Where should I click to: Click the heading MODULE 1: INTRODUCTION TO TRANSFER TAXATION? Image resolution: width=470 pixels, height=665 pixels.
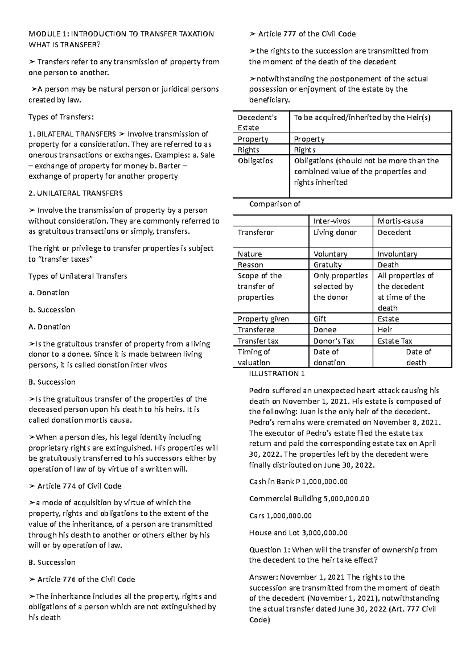pos(121,34)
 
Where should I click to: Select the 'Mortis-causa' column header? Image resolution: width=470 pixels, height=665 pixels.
pos(400,221)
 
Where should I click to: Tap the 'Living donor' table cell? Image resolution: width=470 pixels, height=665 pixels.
pos(335,233)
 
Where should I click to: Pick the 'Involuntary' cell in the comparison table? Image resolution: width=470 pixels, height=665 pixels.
pos(397,254)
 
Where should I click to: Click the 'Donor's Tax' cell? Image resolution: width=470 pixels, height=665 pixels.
pos(333,341)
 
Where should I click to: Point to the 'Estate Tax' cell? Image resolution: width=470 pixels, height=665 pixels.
pos(394,341)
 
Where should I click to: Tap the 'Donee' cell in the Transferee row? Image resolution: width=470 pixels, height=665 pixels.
pos(325,330)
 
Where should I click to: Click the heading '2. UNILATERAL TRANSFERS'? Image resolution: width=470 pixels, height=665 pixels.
pos(76,193)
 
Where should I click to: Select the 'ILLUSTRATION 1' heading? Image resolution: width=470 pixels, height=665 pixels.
pos(277,374)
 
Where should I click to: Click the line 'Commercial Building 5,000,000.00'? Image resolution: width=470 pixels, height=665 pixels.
pos(309,499)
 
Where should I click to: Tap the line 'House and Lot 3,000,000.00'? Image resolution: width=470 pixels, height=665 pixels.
pos(298,533)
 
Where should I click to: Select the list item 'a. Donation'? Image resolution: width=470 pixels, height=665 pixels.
pos(49,293)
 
